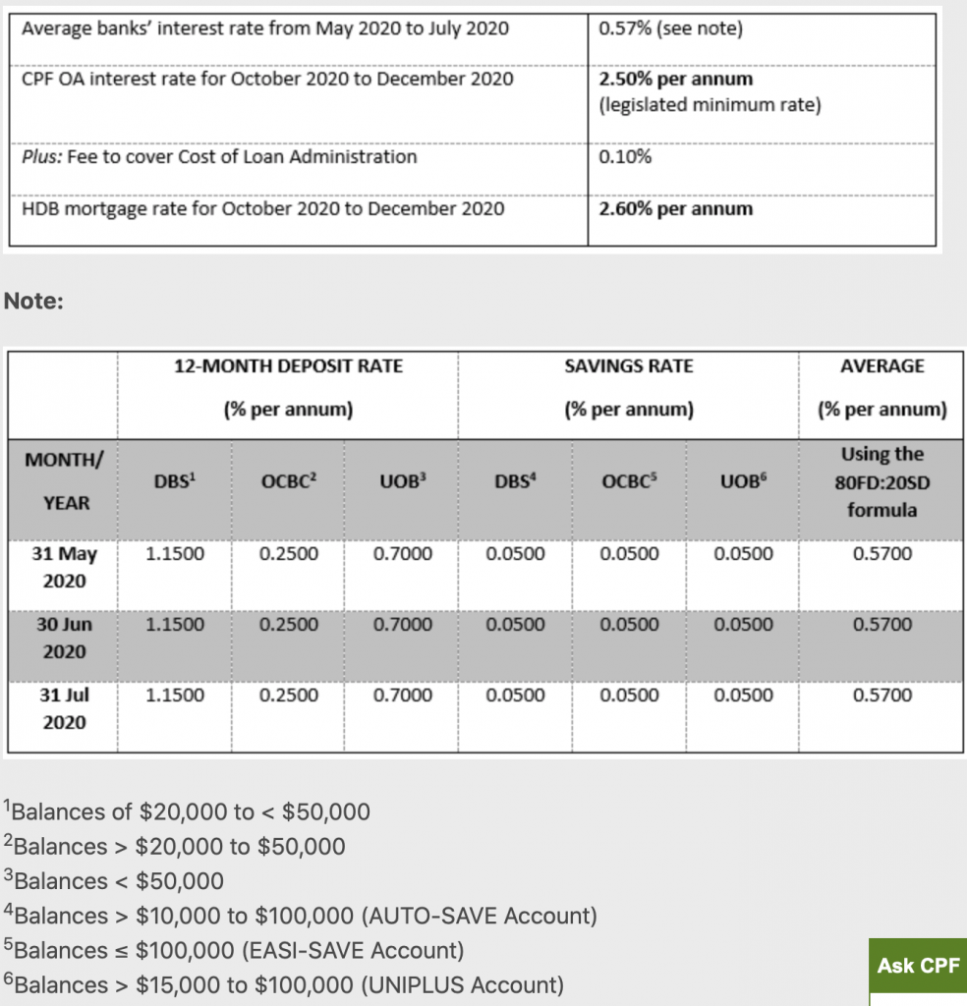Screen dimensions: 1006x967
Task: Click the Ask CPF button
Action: tap(918, 966)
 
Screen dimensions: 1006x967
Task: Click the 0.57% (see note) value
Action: tap(670, 28)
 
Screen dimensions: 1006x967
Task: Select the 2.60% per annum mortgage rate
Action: tap(675, 208)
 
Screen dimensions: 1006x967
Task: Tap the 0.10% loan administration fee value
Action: tap(624, 156)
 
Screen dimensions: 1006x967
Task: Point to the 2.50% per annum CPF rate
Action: tap(675, 79)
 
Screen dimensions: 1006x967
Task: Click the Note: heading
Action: tap(34, 301)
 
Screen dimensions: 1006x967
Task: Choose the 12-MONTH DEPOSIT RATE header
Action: tap(288, 365)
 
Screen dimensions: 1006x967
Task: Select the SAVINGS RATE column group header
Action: tap(629, 365)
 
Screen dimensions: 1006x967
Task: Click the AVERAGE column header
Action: tap(882, 365)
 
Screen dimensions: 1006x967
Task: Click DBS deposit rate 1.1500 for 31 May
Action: tap(175, 554)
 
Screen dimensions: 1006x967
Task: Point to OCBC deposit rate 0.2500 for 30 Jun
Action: tap(289, 625)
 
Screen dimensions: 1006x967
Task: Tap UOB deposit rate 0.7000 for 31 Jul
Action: tap(403, 696)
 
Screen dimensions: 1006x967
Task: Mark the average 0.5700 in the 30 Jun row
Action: tap(882, 625)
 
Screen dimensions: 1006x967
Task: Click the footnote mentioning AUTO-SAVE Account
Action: tap(301, 916)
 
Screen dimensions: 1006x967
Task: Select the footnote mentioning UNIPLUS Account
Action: tap(284, 984)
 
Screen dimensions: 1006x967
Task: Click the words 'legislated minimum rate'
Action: tap(709, 105)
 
